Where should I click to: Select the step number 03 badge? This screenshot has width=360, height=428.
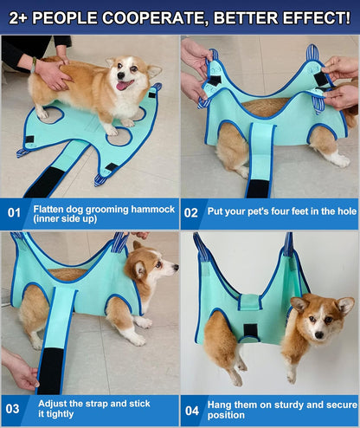click(14, 408)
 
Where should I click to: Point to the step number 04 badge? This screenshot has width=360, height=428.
click(191, 408)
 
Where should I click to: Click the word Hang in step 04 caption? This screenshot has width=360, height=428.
click(222, 402)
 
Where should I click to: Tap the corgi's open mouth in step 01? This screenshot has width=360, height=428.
click(125, 84)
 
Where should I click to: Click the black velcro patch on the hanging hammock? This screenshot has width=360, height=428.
click(250, 331)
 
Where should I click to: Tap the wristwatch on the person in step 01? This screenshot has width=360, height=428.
click(35, 62)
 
